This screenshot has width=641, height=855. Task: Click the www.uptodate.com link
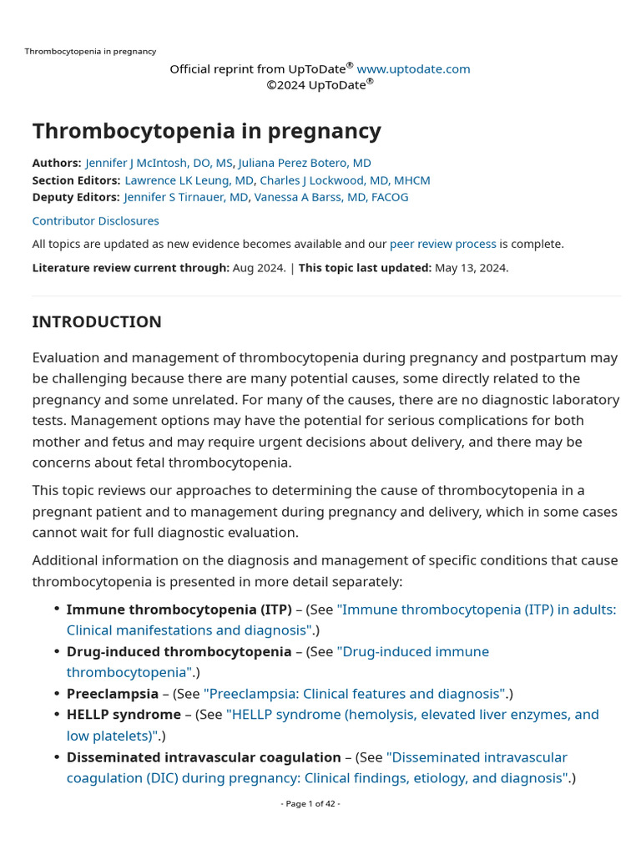413,69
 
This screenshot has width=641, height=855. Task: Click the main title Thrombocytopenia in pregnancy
206,131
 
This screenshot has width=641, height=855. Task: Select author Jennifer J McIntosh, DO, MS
159,163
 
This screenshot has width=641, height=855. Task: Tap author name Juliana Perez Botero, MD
305,163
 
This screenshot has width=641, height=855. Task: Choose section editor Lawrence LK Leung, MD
189,180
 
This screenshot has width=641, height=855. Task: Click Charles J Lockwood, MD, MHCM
345,180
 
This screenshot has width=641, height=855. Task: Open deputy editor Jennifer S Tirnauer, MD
186,197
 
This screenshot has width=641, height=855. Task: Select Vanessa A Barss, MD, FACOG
331,197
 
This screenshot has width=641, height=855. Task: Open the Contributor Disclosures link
95,221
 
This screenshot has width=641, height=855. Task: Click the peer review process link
442,244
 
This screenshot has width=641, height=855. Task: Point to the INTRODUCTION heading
97,322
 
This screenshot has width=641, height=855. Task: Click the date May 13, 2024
471,268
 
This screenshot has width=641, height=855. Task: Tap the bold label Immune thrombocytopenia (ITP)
179,610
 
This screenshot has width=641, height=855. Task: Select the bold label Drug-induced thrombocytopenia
179,651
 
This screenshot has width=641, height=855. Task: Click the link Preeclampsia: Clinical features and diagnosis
355,694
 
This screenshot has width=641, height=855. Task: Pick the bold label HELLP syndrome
124,715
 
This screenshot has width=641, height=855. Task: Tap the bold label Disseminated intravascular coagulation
204,757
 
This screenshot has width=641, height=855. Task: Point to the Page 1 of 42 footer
310,803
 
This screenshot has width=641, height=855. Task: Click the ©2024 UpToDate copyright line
320,84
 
